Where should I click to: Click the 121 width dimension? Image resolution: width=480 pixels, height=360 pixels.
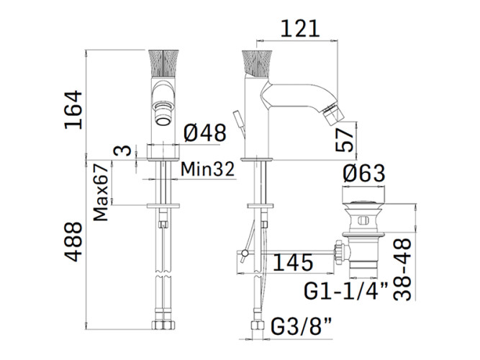[299, 29]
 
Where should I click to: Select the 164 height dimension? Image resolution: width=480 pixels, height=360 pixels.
[73, 109]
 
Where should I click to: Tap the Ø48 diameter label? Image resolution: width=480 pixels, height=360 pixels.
[205, 132]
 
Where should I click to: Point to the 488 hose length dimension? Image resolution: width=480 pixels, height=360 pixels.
[73, 241]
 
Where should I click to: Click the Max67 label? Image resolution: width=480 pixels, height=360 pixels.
[101, 192]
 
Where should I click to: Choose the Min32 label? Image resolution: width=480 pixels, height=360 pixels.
[207, 168]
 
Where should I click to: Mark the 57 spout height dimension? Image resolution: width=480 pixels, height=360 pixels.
[345, 140]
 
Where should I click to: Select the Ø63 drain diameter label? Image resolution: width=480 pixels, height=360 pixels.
[363, 173]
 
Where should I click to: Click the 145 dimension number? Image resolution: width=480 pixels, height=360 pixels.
[293, 262]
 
